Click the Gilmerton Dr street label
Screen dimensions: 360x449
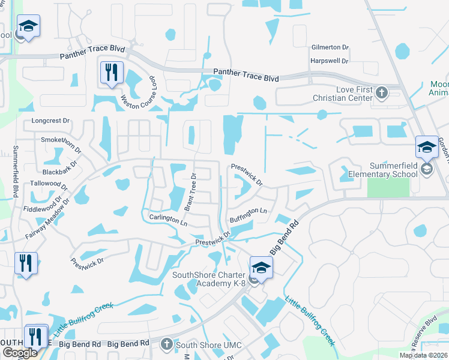tap(330, 47)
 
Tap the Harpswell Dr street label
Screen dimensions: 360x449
tap(330, 61)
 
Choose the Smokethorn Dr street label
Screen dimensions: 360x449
tap(61, 140)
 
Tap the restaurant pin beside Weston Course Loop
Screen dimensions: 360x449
tap(111, 73)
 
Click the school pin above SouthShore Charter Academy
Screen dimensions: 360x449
tap(261, 266)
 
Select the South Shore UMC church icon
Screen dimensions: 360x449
tap(167, 344)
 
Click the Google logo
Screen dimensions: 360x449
tap(20, 353)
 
